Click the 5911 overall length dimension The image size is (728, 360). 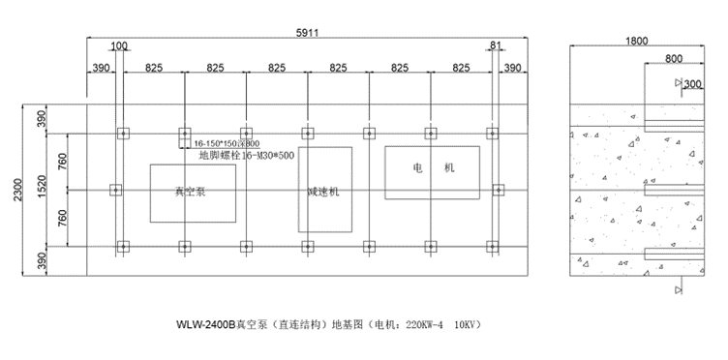click(307, 33)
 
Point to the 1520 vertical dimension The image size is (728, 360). click(44, 191)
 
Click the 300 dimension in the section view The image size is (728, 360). click(693, 85)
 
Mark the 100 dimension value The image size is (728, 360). click(119, 45)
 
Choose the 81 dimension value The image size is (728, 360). click(496, 45)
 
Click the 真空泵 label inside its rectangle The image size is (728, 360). click(191, 192)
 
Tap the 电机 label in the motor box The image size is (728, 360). click(433, 167)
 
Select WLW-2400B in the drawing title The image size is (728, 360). click(205, 324)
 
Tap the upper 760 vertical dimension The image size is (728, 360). click(63, 162)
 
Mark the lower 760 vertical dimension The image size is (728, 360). click(63, 220)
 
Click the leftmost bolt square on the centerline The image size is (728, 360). click(115, 191)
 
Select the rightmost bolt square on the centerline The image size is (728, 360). click(500, 191)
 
